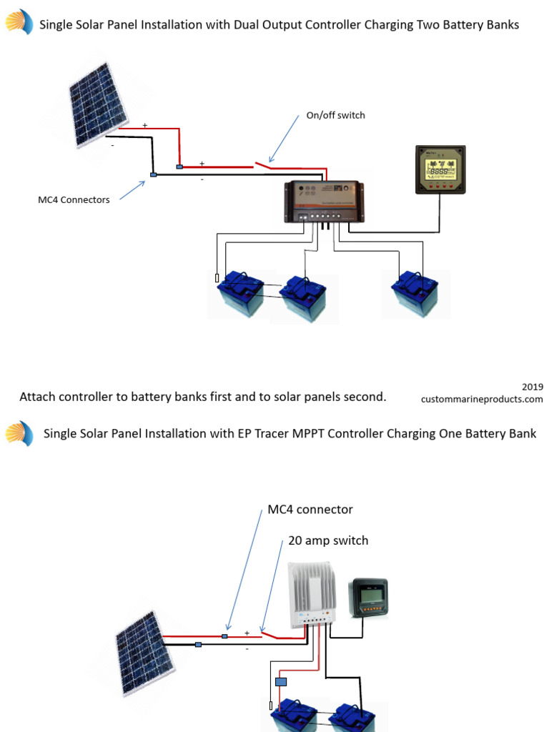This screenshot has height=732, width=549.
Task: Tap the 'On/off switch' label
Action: [335, 115]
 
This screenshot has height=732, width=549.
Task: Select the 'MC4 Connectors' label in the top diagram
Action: [74, 199]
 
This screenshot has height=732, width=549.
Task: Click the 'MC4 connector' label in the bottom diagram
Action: [310, 510]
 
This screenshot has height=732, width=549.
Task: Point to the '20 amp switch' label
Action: [328, 540]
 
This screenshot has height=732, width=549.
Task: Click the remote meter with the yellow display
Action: [440, 169]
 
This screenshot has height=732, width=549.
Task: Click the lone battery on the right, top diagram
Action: [415, 294]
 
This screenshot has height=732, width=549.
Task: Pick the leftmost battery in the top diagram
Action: [240, 294]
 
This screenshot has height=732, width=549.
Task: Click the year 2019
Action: [532, 386]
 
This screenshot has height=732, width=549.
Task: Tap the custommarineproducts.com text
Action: [482, 399]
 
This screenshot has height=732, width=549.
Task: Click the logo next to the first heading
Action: [19, 24]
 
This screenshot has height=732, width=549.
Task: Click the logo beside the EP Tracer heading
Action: [19, 433]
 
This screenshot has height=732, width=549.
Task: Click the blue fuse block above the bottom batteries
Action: [282, 682]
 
